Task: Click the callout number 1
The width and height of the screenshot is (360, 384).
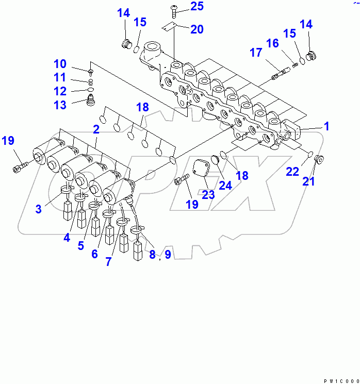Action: click(x=326, y=126)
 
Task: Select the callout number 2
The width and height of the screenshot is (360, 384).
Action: click(x=96, y=129)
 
